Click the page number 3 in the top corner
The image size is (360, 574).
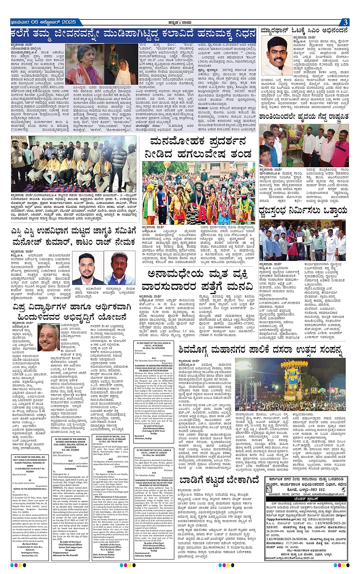point(344,22)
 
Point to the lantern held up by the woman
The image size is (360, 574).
point(113,53)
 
